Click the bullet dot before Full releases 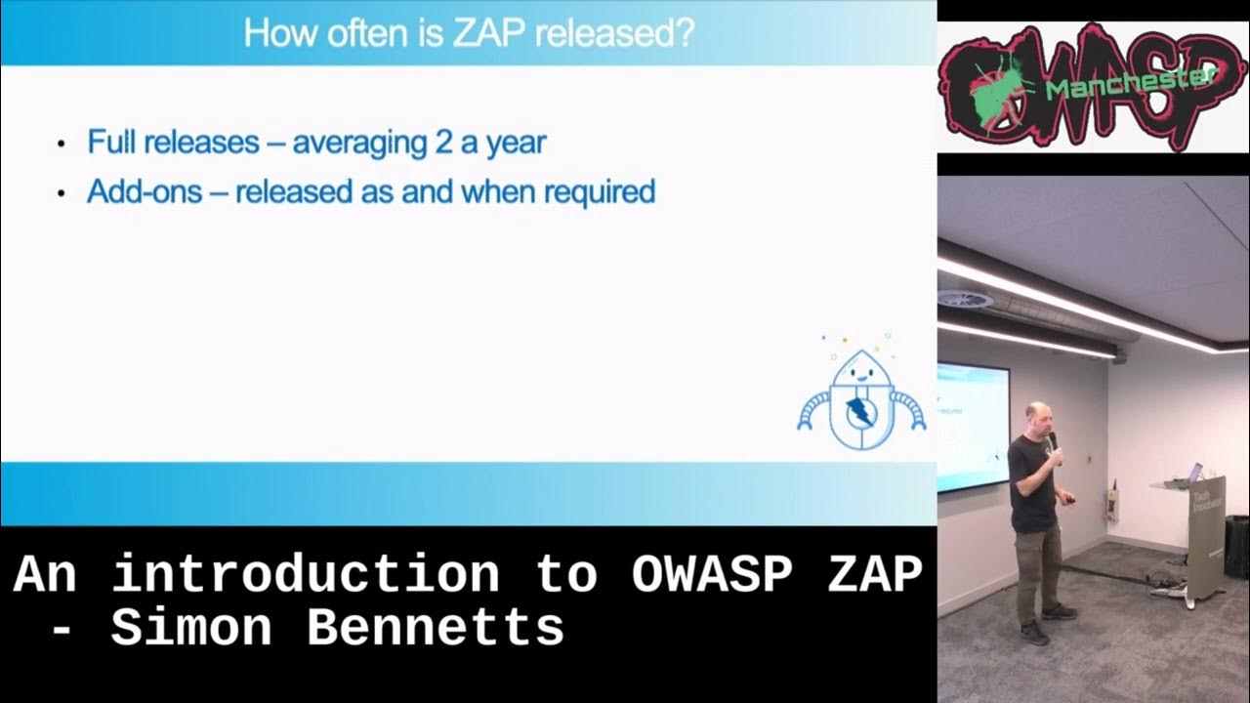pos(62,145)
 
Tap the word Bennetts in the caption pos(436,628)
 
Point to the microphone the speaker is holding pos(1052,442)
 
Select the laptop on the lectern pos(1193,474)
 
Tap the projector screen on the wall pos(973,425)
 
